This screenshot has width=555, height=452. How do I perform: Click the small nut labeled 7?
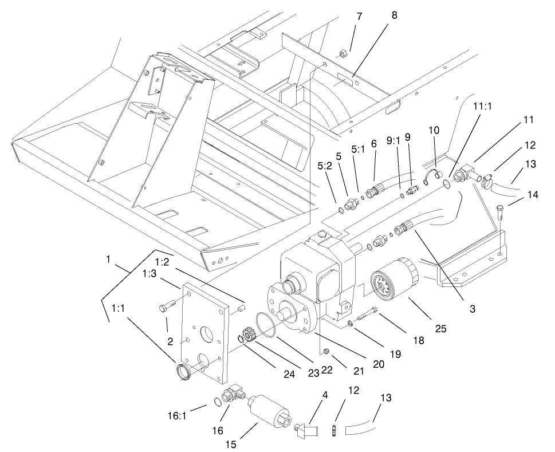(343, 54)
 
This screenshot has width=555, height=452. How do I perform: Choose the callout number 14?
(533, 195)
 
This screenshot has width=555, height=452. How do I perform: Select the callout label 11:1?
(483, 107)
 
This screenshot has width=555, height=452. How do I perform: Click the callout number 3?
(472, 309)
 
